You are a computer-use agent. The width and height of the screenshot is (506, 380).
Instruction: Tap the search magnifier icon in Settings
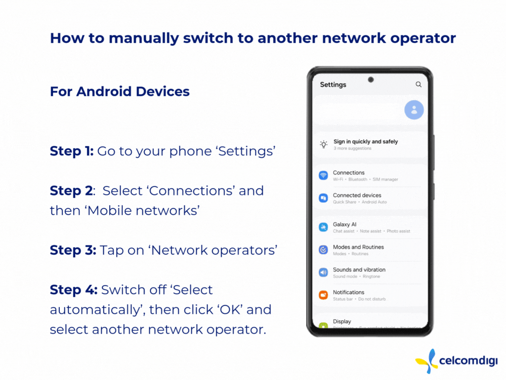418,84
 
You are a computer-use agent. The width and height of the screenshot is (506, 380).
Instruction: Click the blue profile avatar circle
414,110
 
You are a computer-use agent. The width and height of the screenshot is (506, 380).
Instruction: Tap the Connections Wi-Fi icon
323,176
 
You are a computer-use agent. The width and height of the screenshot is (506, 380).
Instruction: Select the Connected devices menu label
357,195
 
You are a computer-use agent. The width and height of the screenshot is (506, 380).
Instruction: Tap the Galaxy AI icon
323,227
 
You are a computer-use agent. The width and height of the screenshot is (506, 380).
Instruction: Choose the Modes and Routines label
358,247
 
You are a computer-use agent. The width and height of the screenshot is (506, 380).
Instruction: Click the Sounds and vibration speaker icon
323,273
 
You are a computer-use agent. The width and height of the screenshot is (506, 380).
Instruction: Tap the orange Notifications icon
323,295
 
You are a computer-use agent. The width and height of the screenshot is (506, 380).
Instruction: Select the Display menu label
342,322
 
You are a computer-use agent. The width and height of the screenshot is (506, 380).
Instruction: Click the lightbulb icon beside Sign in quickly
323,144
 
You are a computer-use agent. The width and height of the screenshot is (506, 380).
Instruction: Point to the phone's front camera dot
371,80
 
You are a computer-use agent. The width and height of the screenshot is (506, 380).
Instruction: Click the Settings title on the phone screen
333,85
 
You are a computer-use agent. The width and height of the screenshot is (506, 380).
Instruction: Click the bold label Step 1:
72,151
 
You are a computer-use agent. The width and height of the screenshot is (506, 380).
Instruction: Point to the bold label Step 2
71,190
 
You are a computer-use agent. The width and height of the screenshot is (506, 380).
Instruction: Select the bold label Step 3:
73,250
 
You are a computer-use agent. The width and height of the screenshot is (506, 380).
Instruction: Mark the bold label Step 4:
74,290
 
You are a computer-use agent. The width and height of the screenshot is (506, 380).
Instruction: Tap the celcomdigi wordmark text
468,361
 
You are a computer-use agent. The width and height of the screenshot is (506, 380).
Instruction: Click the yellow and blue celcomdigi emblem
426,361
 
